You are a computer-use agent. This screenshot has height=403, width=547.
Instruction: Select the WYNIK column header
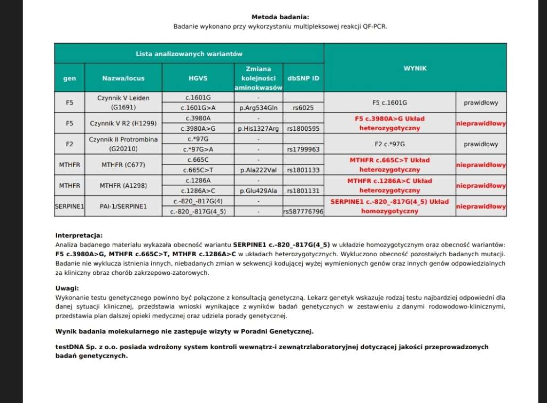(415, 68)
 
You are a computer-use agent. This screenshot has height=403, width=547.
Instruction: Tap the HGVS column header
(198, 78)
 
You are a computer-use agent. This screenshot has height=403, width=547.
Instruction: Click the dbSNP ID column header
(303, 78)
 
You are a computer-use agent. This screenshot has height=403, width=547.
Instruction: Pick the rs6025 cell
(303, 108)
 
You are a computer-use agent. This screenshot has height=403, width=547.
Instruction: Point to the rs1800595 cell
(303, 129)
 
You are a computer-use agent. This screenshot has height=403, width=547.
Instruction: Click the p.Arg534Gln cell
(258, 108)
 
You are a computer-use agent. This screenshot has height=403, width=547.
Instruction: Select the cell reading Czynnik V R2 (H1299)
(123, 123)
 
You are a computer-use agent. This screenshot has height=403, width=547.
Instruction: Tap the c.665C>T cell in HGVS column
(198, 170)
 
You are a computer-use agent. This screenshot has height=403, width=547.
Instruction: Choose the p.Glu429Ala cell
(258, 191)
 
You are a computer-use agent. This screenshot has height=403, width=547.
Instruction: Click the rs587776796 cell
(303, 211)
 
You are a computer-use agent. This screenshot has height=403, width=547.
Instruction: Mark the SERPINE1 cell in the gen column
(69, 206)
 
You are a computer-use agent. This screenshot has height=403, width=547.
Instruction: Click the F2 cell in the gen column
(69, 144)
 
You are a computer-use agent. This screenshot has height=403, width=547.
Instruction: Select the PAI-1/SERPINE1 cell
(123, 206)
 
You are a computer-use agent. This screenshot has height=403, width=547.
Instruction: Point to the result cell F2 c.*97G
(389, 144)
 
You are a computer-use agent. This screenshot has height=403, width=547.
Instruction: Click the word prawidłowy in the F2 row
(481, 144)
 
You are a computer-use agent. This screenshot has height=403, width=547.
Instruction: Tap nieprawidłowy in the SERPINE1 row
(481, 206)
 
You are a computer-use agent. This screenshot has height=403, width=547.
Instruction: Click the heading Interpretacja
(79, 235)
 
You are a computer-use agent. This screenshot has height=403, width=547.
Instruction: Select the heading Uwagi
(67, 288)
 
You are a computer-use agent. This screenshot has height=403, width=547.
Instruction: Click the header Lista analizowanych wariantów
(189, 54)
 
